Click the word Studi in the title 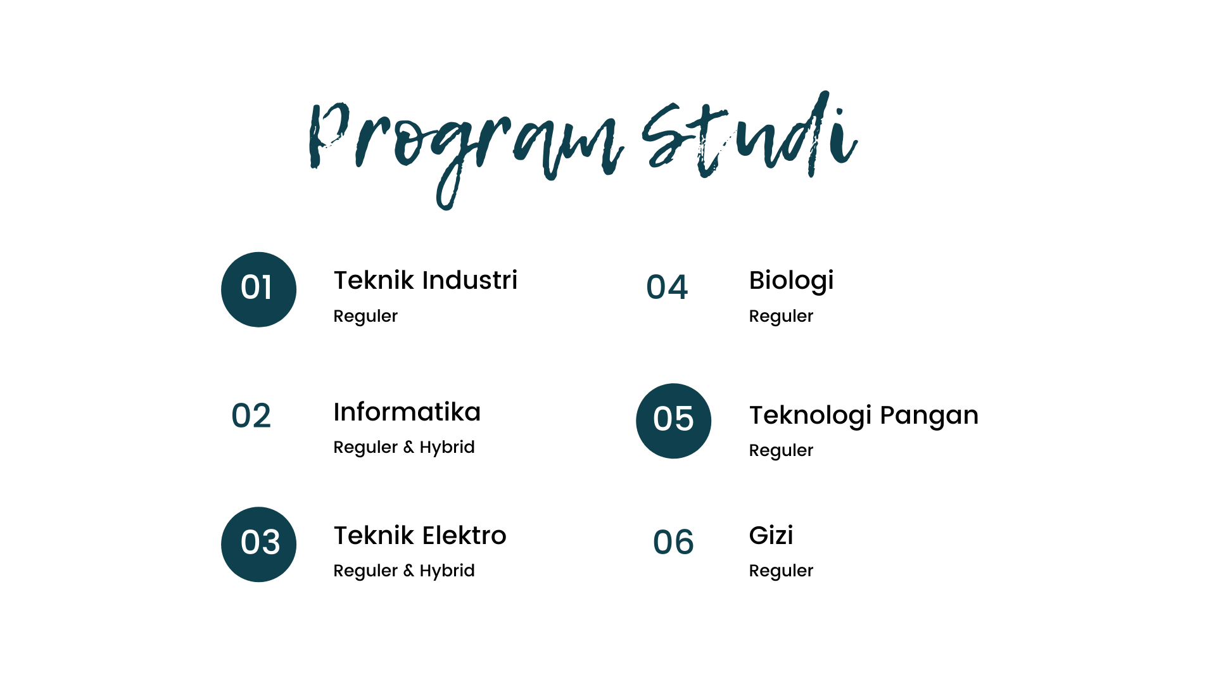pos(750,134)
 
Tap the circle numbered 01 pos(258,289)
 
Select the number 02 pos(251,416)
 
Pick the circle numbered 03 pos(258,544)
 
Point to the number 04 pos(667,287)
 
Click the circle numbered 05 pos(673,421)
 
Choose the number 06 pos(673,542)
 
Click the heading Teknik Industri pos(425,280)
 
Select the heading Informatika pos(407,412)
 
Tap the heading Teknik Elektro pos(420,535)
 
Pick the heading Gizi pos(771,536)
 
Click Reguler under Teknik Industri pos(365,316)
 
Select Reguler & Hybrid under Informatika pos(404,447)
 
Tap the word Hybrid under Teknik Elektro pos(447,571)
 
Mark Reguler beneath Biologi pos(781,316)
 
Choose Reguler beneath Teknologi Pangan pos(781,450)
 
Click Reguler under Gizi pos(781,571)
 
